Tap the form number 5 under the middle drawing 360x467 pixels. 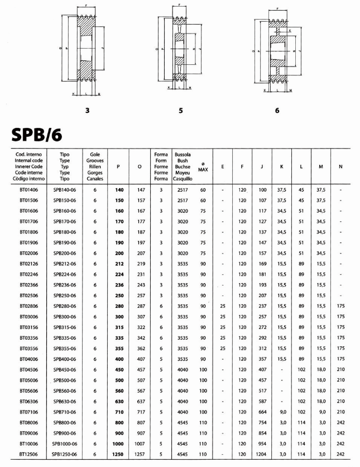click(x=181, y=111)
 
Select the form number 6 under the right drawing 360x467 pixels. click(x=277, y=111)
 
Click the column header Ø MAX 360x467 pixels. click(x=203, y=166)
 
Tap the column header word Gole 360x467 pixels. click(x=95, y=153)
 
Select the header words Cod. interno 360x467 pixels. click(x=29, y=153)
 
